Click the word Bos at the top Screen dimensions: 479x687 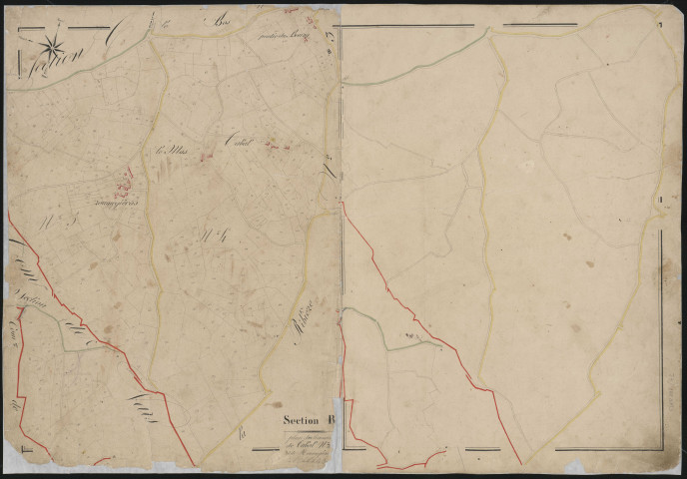220,19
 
